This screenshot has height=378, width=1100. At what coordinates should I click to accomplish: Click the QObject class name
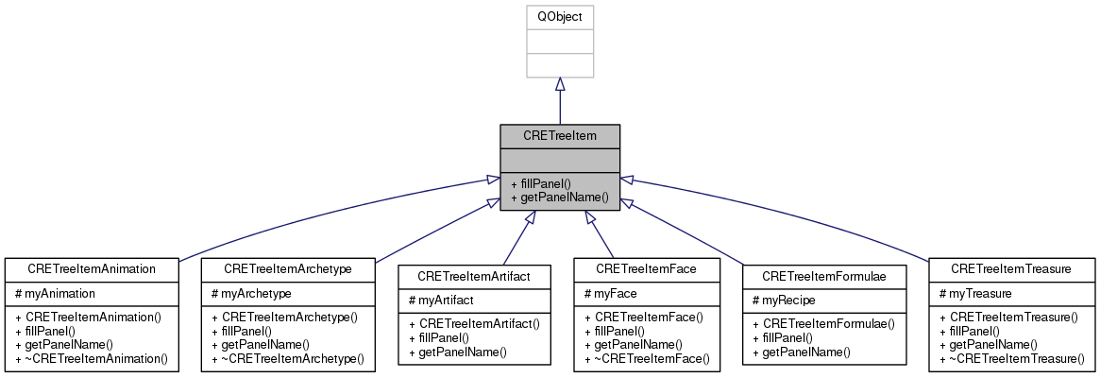point(560,18)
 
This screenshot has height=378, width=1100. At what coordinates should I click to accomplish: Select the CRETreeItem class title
point(560,136)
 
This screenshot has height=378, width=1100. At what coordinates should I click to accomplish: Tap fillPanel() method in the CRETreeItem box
point(543,183)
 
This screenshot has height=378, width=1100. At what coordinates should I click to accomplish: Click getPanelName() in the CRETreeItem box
point(558,198)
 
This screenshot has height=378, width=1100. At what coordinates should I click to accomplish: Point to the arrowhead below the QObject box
point(560,85)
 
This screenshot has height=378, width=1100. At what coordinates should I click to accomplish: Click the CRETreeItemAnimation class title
point(91,269)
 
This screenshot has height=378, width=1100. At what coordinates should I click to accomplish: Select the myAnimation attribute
point(58,294)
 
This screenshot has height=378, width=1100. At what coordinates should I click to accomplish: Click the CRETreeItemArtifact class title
point(474,276)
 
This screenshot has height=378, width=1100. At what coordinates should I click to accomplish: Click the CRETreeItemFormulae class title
point(823,276)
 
